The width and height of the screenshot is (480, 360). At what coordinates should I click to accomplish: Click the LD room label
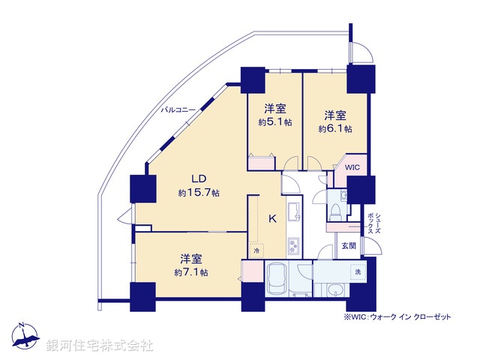coord(198,178)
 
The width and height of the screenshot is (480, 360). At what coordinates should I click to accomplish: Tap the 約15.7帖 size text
coord(199,193)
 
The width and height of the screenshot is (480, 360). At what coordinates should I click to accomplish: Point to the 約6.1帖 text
coord(334,128)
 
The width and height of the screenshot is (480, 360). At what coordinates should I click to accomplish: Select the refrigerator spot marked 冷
coord(255,250)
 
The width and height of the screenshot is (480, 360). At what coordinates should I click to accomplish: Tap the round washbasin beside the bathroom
coord(331,289)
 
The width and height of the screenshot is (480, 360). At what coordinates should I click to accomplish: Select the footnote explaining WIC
coord(397,317)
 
